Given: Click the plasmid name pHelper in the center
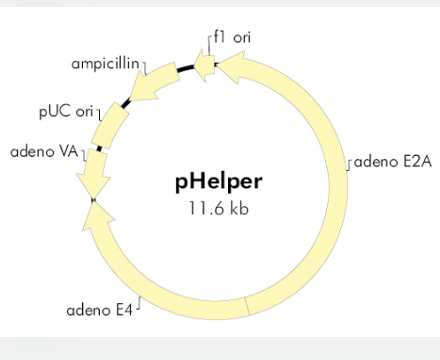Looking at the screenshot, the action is coord(219,182).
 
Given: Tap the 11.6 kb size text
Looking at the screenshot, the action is coord(219,208).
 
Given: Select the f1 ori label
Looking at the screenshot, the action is coord(232,37).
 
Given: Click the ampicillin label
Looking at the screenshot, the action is coord(105,64).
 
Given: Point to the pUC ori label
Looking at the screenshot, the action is coord(66,111).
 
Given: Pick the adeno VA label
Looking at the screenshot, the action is coord(44,151).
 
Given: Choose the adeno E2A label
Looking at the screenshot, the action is coord(393,162).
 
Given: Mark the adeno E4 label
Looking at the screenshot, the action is coord(100,310).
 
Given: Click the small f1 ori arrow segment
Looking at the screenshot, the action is coord(204,65).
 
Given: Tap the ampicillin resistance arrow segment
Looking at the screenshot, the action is coord(154,81).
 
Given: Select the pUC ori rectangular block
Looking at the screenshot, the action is coord(110,126).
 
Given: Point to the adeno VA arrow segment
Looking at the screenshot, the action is coord(95,172).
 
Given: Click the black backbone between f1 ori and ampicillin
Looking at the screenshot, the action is coord(186,68).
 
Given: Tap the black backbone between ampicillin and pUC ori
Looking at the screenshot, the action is coord(126,103).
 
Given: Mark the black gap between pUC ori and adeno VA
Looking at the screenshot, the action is coord(99,149).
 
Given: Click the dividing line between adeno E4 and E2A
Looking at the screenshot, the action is coord(247,307).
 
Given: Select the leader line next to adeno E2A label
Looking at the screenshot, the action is coord(349,165).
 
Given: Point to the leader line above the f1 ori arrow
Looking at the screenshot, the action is coord(209,46).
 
